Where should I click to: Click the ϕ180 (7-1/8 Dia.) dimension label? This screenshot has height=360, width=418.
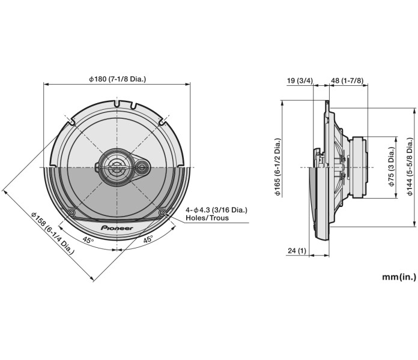click(117, 79)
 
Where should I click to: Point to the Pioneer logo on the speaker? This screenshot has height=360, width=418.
click(117, 212)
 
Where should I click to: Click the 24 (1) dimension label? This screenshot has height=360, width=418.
click(297, 251)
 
